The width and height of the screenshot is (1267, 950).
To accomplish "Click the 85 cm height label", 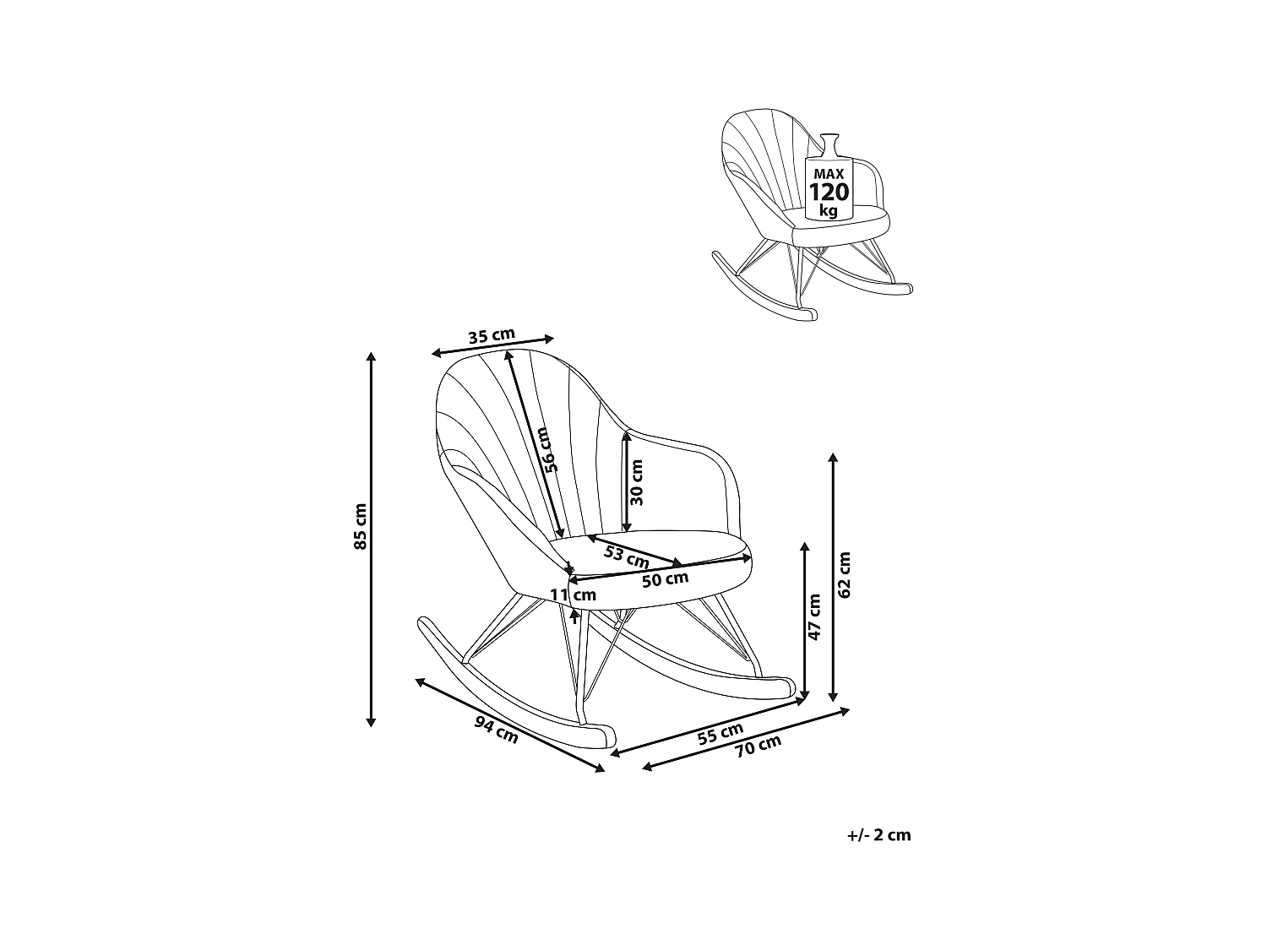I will tap(361, 527).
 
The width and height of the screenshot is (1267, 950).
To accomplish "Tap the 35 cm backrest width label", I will tap(491, 336).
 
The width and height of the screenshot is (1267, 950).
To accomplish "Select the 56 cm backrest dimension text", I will tap(550, 449).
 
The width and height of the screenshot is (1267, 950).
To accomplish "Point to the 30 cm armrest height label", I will tap(637, 482).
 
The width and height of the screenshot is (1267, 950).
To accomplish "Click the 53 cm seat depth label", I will tap(627, 556).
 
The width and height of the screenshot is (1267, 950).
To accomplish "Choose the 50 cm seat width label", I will tap(665, 579).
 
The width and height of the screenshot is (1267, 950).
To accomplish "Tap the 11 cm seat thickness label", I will tap(573, 595).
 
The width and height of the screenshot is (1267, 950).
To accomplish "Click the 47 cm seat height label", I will tap(814, 617).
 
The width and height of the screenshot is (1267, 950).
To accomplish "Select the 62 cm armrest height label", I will tap(845, 574).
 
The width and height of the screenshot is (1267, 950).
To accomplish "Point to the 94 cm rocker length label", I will tap(496, 729).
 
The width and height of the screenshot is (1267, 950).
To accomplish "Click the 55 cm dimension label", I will tap(721, 734).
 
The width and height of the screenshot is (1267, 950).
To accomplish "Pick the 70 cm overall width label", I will tap(758, 748).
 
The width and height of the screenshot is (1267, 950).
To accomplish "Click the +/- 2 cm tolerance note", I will tap(878, 835).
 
